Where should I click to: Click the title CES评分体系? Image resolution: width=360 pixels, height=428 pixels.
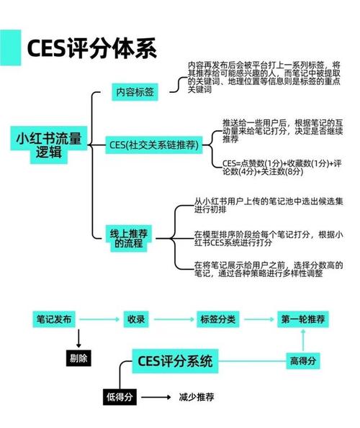pos(91,48)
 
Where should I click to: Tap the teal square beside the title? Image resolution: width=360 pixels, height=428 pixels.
pos(10,47)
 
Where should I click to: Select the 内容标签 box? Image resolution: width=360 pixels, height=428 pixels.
pos(135,92)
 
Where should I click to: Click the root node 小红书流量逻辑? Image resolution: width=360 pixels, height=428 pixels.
pos(49,145)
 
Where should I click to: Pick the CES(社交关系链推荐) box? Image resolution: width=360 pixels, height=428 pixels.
pos(154,145)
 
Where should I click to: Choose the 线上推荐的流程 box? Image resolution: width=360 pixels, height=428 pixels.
pos(129,238)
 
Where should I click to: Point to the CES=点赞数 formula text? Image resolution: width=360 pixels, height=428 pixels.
pos(282,168)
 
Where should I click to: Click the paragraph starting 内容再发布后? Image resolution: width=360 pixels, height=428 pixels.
pos(264,77)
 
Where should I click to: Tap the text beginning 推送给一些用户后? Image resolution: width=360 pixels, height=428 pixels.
pos(282,131)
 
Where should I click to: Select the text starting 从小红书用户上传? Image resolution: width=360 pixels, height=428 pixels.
pos(269,205)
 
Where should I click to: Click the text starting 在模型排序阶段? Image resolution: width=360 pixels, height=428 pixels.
pos(269,238)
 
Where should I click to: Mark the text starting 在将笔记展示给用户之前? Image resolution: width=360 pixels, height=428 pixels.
pos(269,269)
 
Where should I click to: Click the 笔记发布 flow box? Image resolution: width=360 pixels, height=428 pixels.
pos(54,319)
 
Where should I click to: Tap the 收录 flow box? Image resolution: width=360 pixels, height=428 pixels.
pos(136,319)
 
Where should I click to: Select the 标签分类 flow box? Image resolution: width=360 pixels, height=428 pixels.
pos(218,319)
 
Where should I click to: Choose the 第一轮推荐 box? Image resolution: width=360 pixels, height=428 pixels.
pos(303,319)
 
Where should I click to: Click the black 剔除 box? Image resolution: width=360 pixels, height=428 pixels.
pos(78,358)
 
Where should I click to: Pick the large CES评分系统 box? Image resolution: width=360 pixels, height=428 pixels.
pos(175,361)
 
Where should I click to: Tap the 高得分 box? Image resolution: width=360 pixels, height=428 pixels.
pos(303,361)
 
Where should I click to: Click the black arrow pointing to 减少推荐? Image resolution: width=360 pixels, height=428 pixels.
pos(156,397)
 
